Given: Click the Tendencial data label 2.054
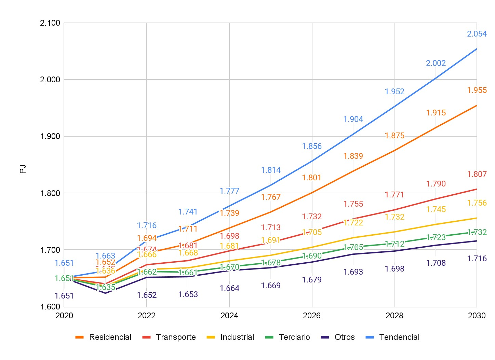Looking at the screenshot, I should click(x=477, y=34).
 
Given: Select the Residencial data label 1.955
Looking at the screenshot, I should click(x=477, y=90).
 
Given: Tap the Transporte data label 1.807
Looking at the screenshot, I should click(x=477, y=174).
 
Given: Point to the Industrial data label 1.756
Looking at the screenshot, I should click(x=477, y=203).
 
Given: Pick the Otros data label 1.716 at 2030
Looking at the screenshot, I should click(x=477, y=259).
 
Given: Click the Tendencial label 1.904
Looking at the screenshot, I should click(x=353, y=119).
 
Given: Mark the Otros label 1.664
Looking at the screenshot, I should click(x=229, y=288).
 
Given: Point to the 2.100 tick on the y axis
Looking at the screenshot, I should click(x=50, y=23).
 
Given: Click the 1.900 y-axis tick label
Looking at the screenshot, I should click(x=50, y=136).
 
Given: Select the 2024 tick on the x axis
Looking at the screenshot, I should click(x=229, y=316).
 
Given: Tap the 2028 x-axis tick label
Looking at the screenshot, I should click(x=394, y=316).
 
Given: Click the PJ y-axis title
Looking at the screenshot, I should click(x=23, y=169).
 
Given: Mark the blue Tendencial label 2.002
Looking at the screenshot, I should click(x=436, y=63).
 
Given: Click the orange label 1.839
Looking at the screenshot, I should click(x=353, y=156).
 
